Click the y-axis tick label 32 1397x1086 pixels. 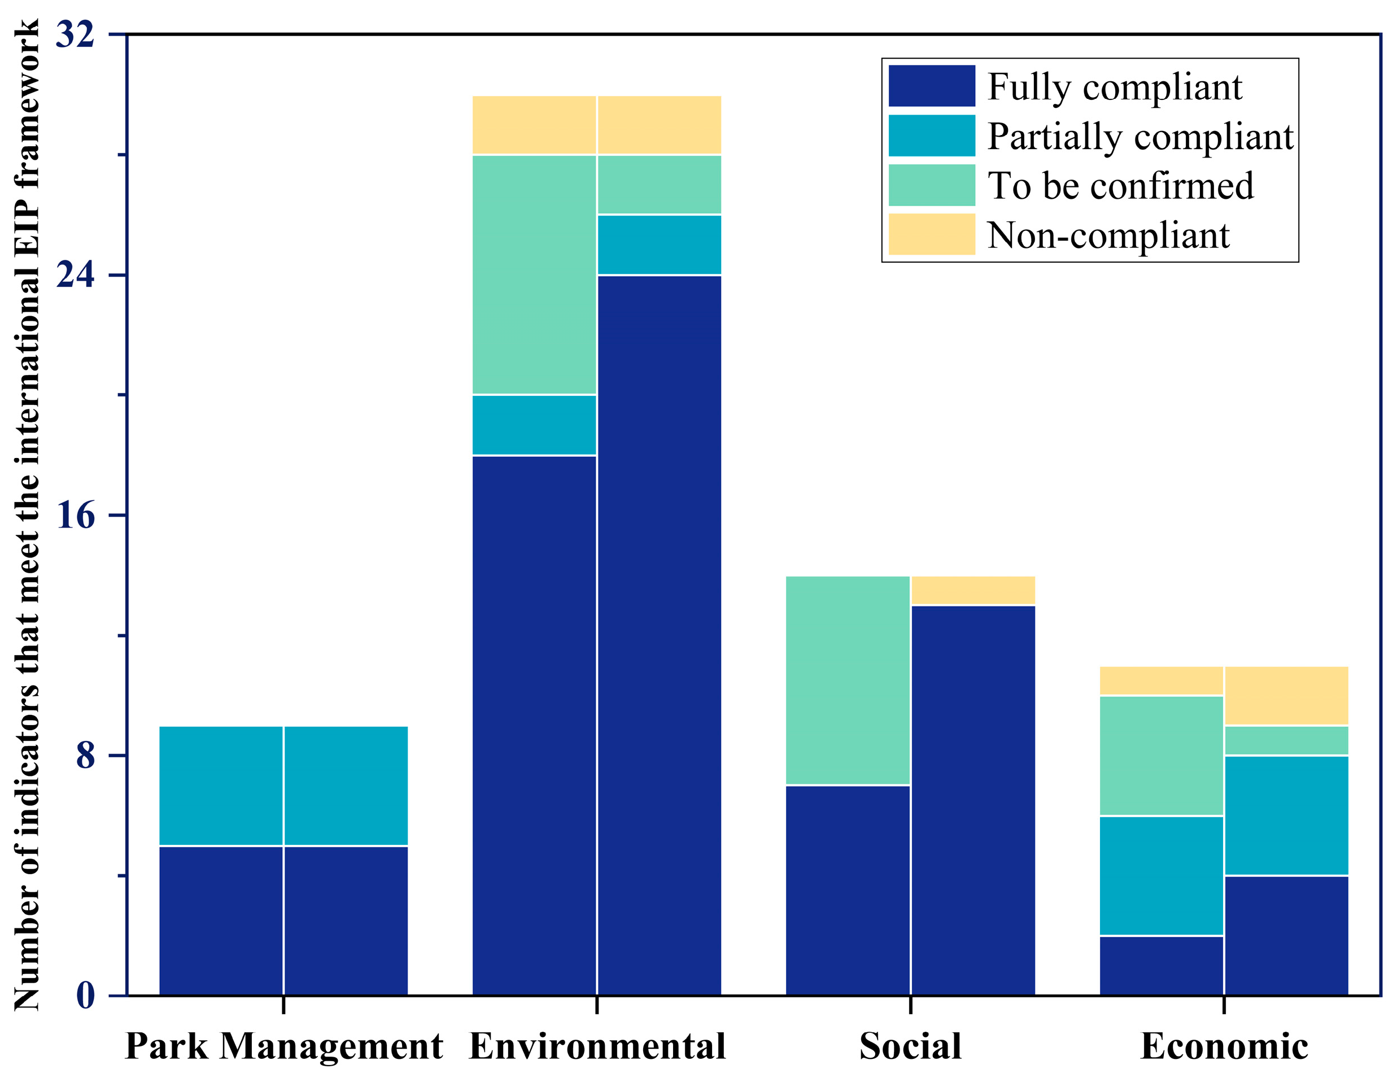coord(75,34)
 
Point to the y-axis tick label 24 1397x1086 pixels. coord(75,275)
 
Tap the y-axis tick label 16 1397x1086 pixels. coord(75,516)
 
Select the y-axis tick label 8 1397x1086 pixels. coord(85,756)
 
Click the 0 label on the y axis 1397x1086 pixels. coord(85,996)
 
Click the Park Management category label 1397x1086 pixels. coord(283,1047)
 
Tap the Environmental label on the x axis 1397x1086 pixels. coord(597,1047)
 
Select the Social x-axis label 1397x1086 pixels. coord(910,1047)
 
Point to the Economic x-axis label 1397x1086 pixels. coord(1224,1047)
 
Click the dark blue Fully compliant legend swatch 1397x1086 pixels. coord(931,86)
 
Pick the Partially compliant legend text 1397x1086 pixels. coord(1140,136)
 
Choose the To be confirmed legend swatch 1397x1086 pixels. coord(931,185)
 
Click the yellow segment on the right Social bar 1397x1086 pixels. coord(973,590)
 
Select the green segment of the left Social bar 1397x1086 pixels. coord(848,680)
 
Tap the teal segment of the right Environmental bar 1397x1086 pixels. coord(660,245)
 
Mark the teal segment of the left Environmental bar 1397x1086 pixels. coord(534,425)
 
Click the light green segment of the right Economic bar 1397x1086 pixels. coord(1286,740)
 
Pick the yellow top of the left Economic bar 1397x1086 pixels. coord(1161,681)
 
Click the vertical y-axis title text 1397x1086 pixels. coord(27,515)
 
